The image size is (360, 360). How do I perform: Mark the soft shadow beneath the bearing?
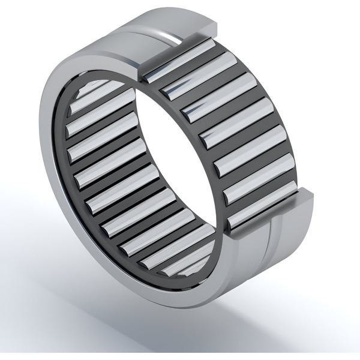[240, 324]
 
